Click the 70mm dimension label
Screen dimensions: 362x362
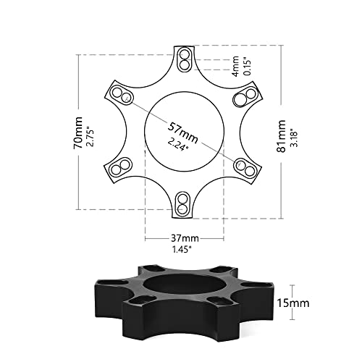point(78,132)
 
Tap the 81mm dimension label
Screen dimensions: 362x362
point(281,136)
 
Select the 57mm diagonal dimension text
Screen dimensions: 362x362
point(183,133)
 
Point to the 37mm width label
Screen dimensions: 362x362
point(185,238)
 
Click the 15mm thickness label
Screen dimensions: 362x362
point(293,303)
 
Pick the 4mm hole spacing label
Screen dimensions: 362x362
point(235,66)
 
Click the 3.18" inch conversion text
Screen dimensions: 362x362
point(294,139)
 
